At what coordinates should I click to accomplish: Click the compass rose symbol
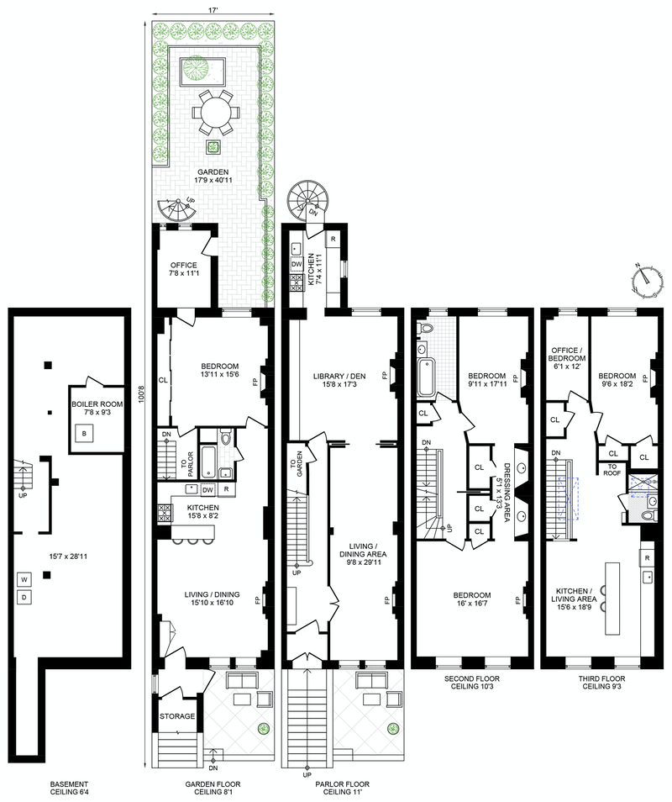[x=644, y=281]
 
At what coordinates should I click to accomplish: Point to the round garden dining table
[x=214, y=111]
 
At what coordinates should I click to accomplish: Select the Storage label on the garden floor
[x=177, y=717]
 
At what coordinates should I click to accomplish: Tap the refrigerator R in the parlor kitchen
[x=333, y=239]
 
